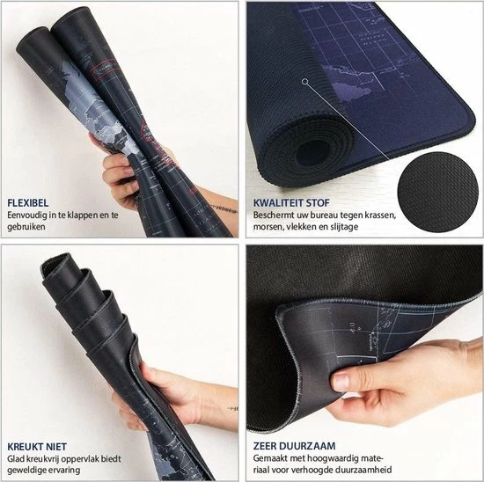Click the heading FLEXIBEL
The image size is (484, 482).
(28, 203)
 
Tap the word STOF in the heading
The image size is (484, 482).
(318, 203)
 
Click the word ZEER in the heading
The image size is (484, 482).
(265, 446)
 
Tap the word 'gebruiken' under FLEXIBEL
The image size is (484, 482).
(26, 227)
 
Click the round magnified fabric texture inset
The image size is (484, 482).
(437, 192)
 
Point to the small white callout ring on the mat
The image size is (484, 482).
(305, 82)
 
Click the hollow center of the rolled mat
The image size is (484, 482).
(312, 154)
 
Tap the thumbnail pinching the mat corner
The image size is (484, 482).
(341, 382)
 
